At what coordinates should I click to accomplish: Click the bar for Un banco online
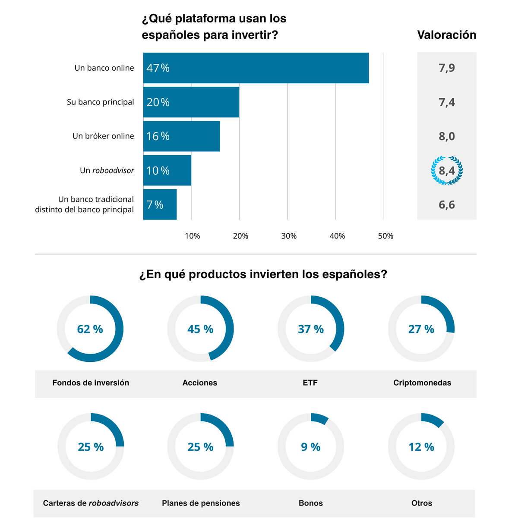pos(256,68)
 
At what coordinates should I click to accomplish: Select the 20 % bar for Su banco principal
pos(191,102)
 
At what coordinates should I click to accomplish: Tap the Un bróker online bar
pos(181,136)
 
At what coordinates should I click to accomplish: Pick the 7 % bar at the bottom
pos(160,204)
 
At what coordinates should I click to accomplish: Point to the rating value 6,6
pos(447,205)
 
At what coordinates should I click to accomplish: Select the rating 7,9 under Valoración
pos(447,68)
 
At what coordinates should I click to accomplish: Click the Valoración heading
pos(446,35)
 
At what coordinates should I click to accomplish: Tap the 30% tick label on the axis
pos(289,236)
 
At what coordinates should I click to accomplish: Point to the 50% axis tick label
pos(385,236)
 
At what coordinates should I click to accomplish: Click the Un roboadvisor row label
pos(107,170)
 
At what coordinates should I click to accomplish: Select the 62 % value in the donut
pos(90,329)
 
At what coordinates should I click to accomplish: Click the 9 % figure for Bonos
pos(311,447)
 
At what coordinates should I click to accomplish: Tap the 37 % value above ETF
pos(311,329)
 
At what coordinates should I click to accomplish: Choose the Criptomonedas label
pos(422,383)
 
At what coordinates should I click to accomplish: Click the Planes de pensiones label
pos(201,503)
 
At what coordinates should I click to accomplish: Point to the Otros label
pos(422,503)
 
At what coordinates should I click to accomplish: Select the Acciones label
pos(200,383)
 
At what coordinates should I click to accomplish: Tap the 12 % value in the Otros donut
pos(421,447)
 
